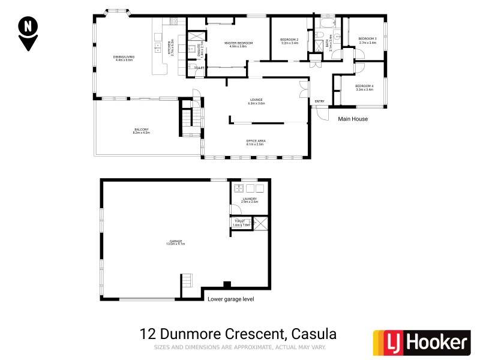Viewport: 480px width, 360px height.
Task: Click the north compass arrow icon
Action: [28, 34]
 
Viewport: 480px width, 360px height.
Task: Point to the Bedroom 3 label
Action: [368, 41]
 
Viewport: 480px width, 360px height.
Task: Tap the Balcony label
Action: [142, 131]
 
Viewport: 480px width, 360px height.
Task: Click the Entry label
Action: [319, 101]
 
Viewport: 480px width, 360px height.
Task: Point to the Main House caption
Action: [353, 119]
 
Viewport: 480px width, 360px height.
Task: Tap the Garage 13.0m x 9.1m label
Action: [176, 242]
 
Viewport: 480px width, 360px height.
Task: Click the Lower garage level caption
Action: [230, 298]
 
